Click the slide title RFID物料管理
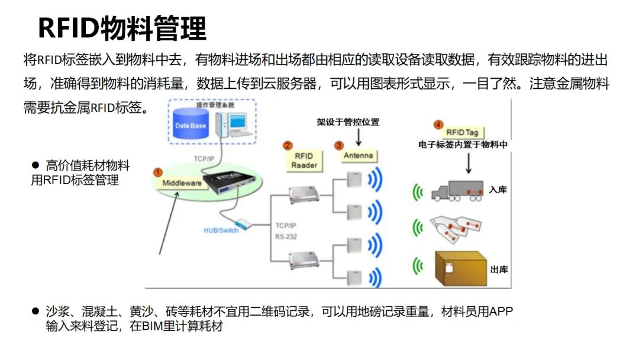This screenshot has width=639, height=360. coord(122,28)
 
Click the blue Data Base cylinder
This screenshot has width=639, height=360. coord(191,126)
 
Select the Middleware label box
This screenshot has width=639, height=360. coord(182,183)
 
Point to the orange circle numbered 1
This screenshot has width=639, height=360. coord(158,172)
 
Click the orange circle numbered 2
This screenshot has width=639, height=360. coord(288,145)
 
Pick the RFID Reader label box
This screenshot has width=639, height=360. coord(304,161)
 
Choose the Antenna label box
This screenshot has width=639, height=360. coord(358,156)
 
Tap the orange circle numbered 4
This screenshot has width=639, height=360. coord(438,124)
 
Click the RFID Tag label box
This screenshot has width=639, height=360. coord(462,133)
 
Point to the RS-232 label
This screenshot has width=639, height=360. coord(286,237)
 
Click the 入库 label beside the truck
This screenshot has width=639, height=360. coord(498,190)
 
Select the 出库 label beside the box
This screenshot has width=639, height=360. coord(499,269)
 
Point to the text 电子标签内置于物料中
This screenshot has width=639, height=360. coord(463,144)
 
